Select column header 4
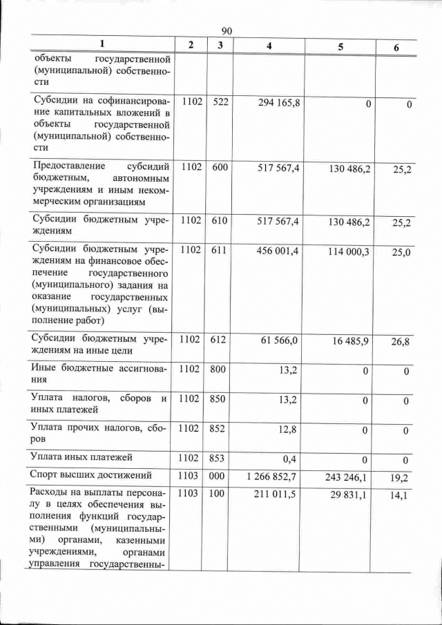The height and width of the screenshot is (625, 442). [x=278, y=46]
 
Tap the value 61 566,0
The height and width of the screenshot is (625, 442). [x=280, y=340]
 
